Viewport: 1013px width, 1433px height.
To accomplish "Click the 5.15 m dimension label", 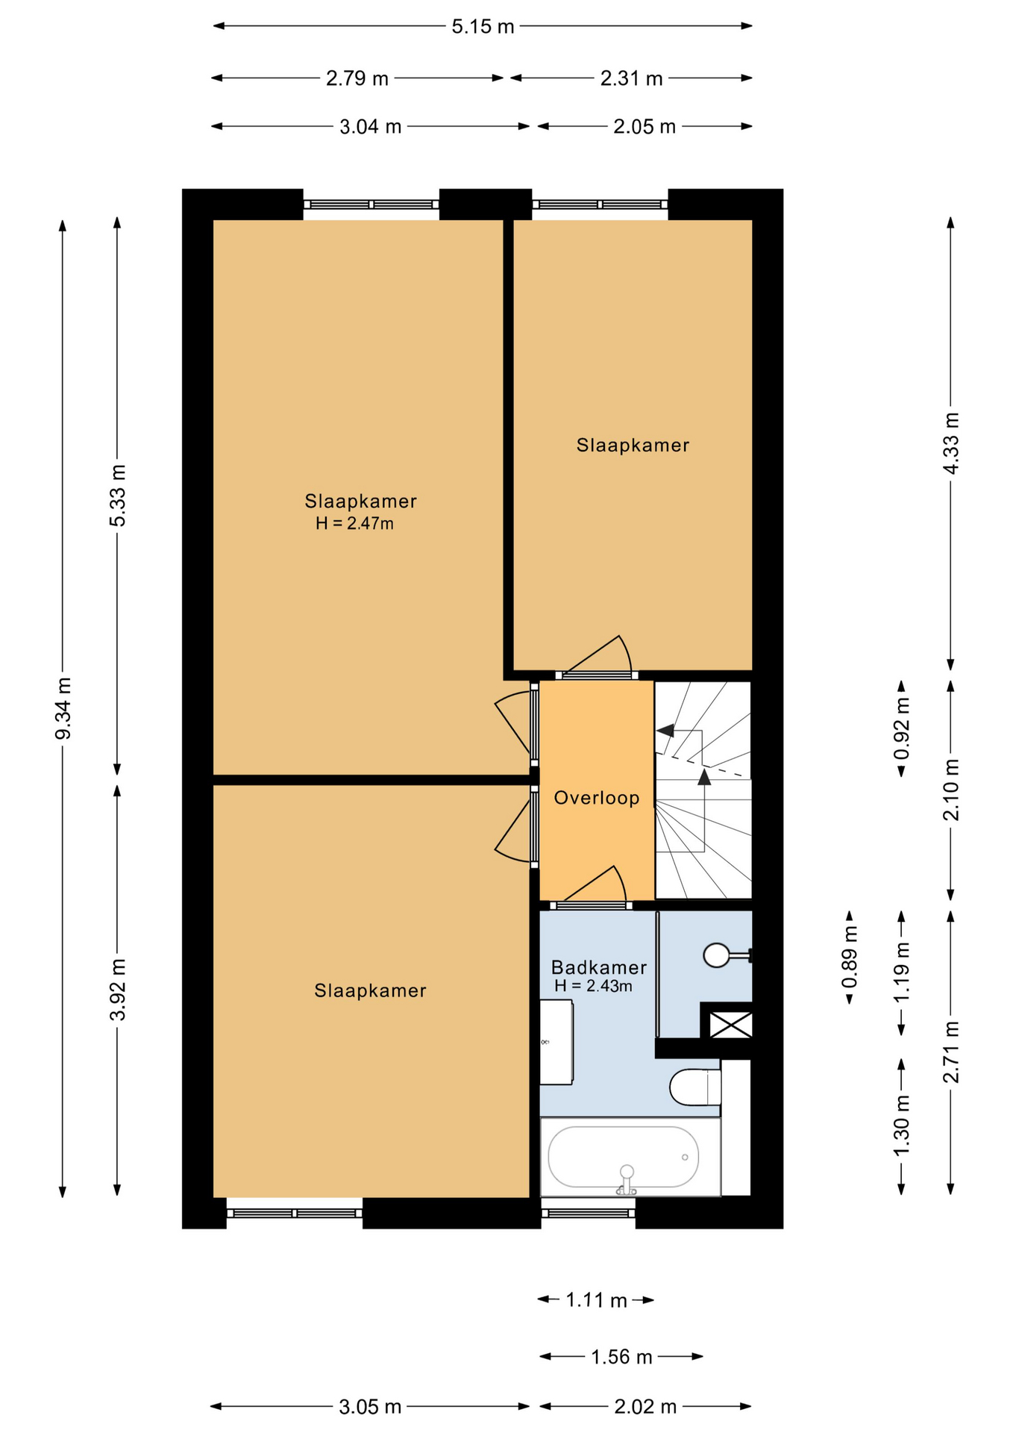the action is coord(483,27).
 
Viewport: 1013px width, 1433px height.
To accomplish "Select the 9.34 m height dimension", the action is coord(64,708).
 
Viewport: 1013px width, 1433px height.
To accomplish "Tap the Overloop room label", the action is coord(597,798).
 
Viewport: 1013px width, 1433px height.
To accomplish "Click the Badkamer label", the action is coord(598,967).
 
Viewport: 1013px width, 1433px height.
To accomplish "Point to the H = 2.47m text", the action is coord(354,523).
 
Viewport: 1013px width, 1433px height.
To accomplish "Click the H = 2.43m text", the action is coord(593,986).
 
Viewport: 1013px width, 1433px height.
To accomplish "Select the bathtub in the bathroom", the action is coord(624,1156).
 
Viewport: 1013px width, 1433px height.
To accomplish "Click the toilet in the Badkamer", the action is coord(695,1087).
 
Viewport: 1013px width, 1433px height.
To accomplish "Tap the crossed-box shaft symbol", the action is coord(730,1024).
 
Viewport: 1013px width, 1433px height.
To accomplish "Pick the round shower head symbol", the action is coord(717,955).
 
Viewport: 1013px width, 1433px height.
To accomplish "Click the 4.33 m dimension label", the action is coord(951,443).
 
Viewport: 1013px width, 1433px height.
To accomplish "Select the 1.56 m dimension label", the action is coord(621,1356).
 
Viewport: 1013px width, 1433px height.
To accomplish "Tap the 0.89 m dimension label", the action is coord(850,956).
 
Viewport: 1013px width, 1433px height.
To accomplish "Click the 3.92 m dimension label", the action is coord(118,990).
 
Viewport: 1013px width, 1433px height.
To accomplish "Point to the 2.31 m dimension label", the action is coord(631,78).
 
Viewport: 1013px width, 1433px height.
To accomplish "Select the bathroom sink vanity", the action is coord(556,1042).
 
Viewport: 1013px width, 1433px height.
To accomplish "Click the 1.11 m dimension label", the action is coord(596,1300).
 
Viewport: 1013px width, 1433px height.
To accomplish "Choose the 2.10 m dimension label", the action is coord(951,790).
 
